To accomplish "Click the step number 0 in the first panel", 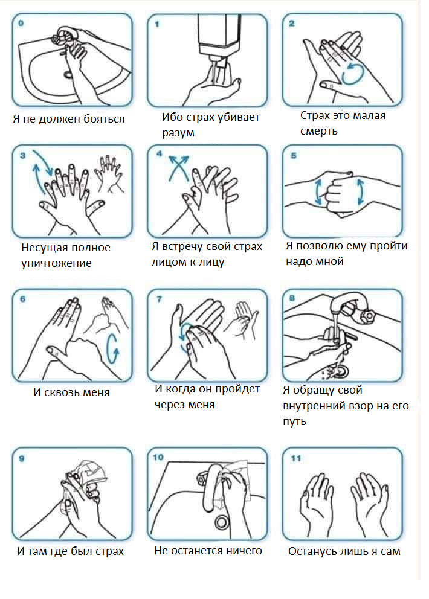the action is (x=21, y=23).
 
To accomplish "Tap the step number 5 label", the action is (x=293, y=155).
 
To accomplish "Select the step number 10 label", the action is (x=158, y=457).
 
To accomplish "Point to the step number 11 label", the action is (x=296, y=458).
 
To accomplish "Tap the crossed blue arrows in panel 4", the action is (x=179, y=167).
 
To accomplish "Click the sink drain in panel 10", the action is (x=222, y=522).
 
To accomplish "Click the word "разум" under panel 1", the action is (x=178, y=133).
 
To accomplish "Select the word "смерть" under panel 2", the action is (x=318, y=131).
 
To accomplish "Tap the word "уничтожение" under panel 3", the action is (x=56, y=263).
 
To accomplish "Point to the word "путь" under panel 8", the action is (x=294, y=421).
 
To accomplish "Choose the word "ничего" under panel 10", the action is (x=244, y=551).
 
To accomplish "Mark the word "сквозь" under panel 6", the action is (x=60, y=392).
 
